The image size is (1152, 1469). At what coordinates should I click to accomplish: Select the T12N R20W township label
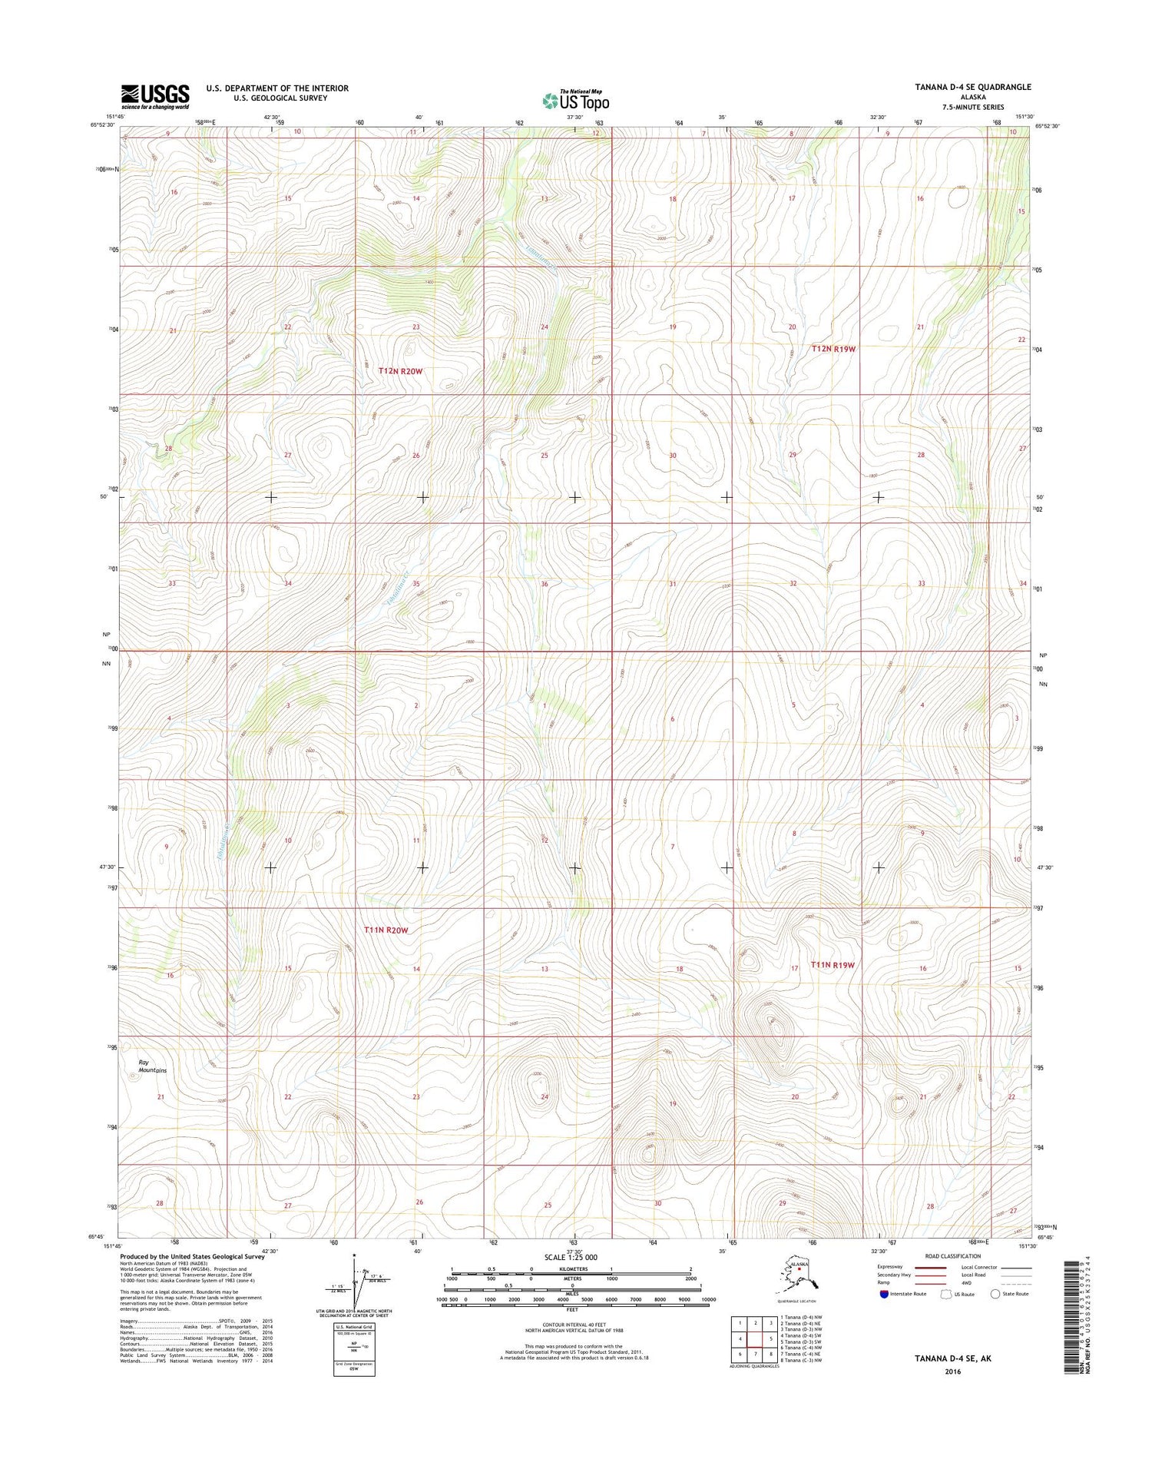pos(400,371)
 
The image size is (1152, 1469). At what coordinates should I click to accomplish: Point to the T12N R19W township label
pos(833,349)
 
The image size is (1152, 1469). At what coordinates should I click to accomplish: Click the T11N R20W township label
pos(386,930)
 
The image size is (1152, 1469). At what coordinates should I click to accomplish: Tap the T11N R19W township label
pos(833,965)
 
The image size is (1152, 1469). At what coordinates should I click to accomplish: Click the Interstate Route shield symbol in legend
pos(884,1294)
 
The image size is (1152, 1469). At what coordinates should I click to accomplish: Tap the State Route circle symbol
pos(995,1294)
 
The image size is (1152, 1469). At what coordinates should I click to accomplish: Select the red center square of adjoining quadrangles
pos(755,1338)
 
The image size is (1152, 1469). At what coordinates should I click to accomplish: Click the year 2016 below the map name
pos(953,1371)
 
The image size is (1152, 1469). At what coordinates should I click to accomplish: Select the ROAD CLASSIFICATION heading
pos(952,1256)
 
